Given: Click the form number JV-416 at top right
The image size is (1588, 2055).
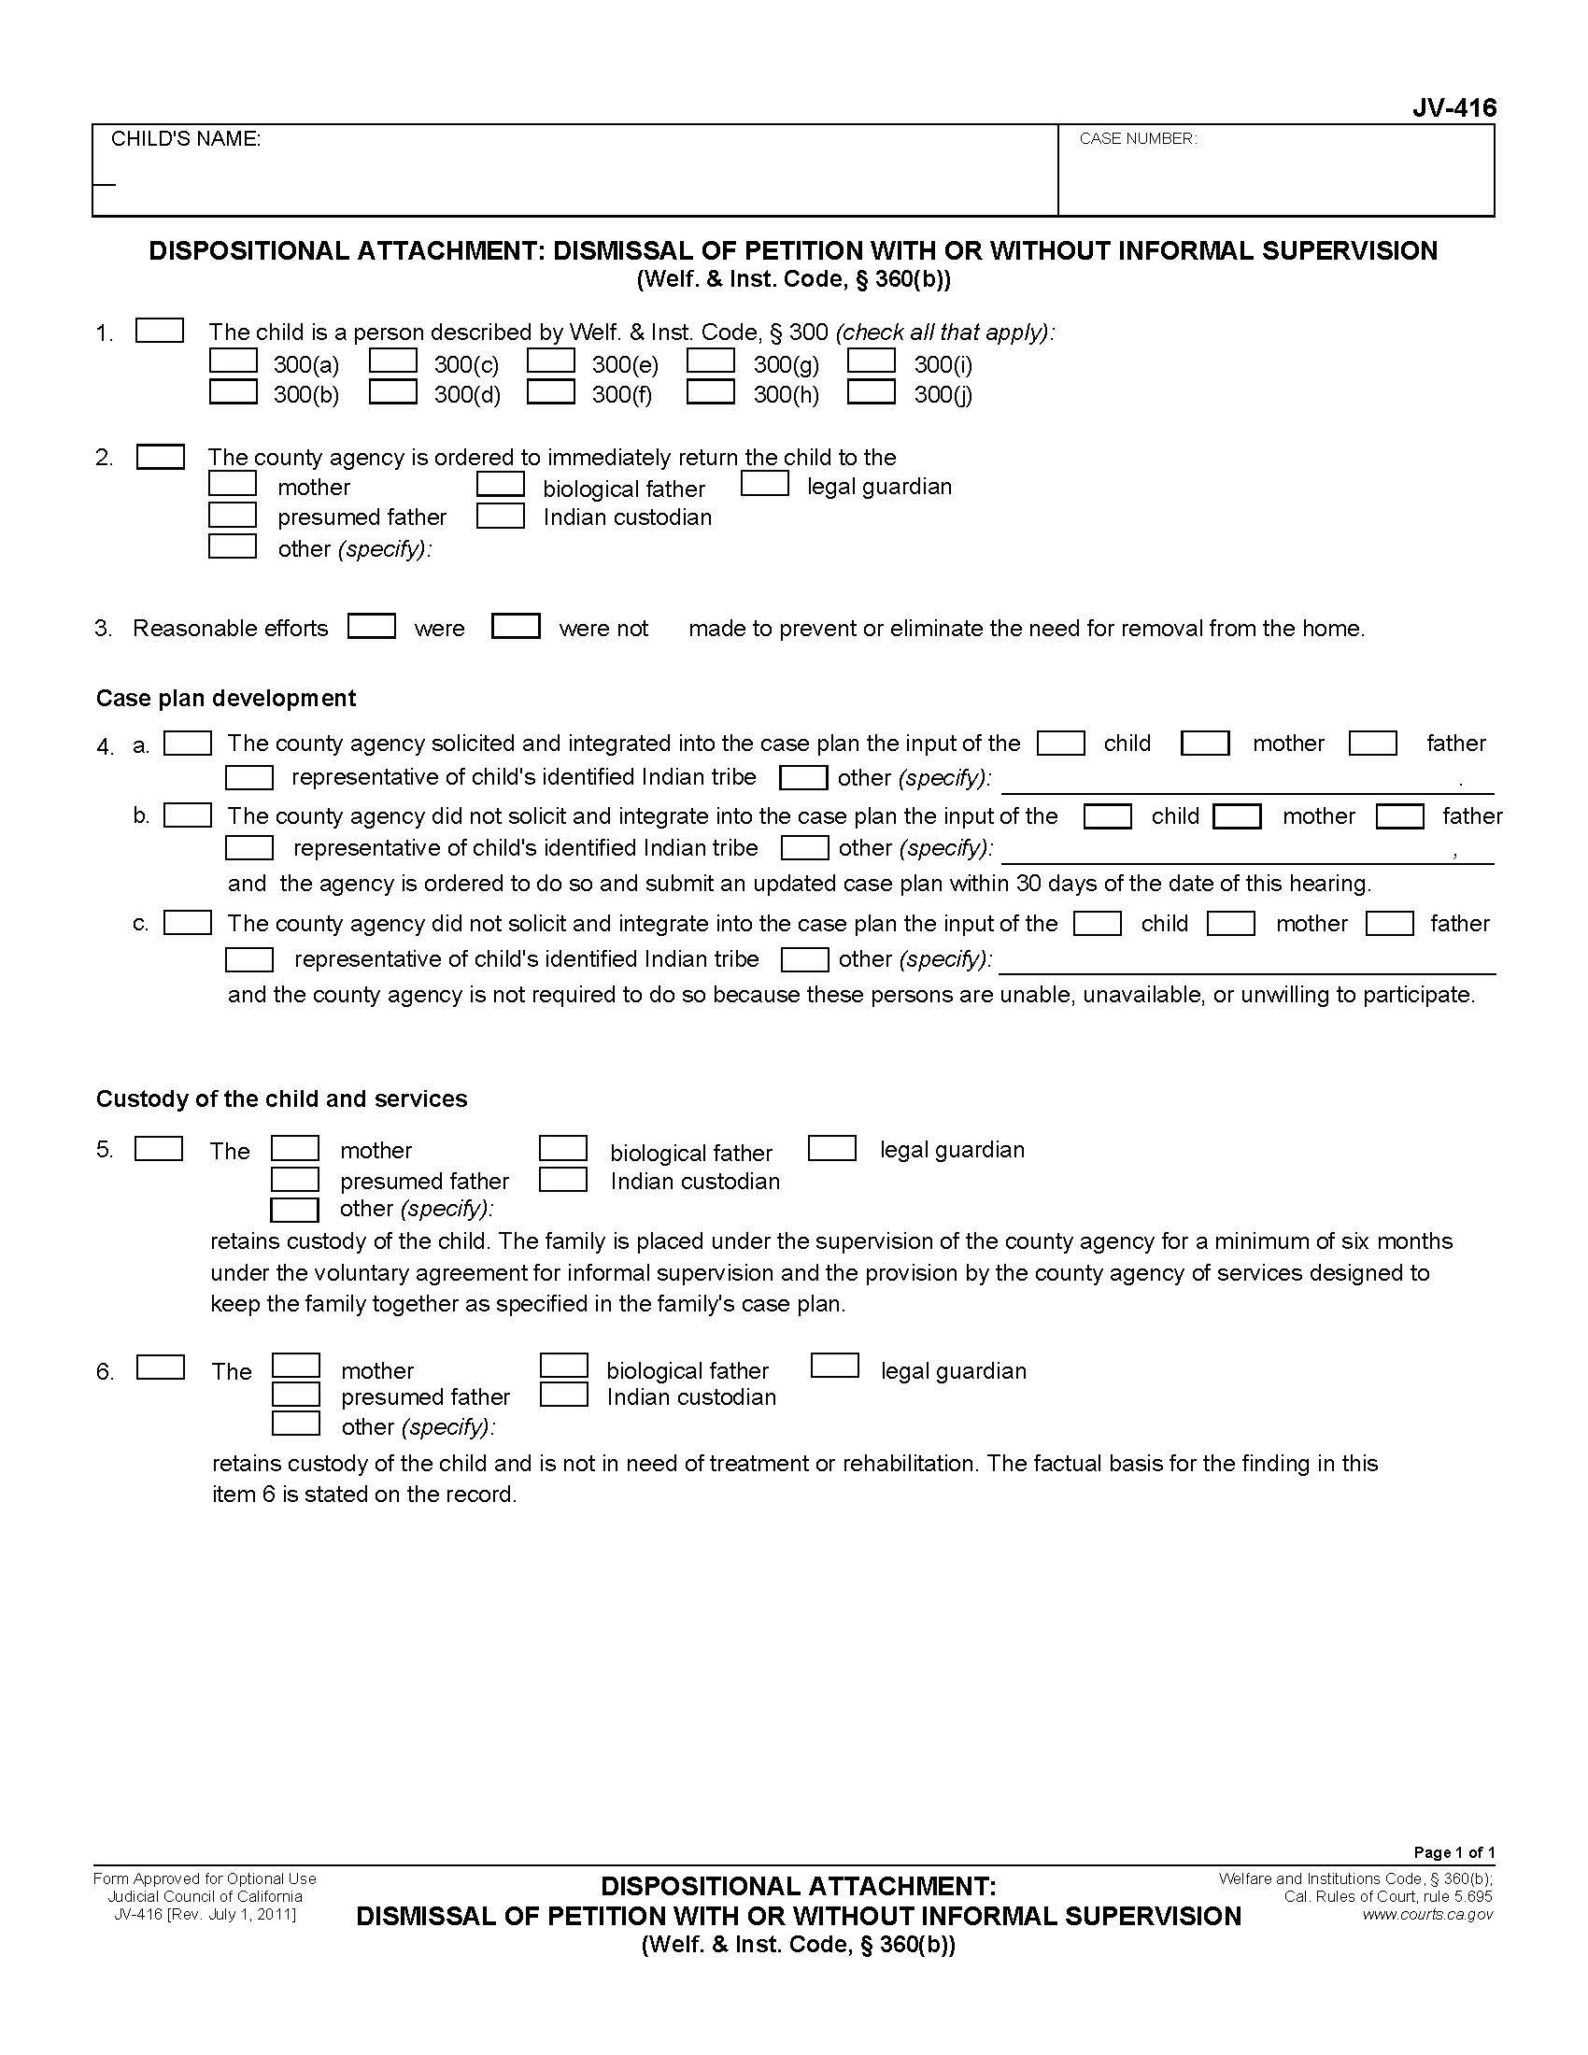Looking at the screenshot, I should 1453,109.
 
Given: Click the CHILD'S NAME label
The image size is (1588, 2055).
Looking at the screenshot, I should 185,139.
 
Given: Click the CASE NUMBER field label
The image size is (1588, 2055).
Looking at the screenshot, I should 1138,139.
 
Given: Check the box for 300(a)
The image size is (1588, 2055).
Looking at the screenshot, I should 233,361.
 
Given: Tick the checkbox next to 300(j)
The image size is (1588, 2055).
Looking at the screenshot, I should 871,391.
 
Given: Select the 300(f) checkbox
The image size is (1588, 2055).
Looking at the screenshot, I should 550,391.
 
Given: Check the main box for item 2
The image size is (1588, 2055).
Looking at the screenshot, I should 160,457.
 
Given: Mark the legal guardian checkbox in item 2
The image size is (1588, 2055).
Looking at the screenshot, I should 764,484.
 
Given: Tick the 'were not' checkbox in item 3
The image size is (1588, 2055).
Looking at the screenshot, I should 516,626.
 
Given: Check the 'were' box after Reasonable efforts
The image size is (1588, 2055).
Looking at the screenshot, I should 371,626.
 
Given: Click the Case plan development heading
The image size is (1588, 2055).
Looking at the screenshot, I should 226,698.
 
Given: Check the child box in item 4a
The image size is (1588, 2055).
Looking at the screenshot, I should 1060,744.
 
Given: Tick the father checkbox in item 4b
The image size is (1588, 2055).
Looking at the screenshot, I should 1399,815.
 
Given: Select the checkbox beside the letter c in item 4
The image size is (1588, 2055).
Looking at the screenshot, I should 187,922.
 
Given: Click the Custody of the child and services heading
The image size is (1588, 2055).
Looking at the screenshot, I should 281,1099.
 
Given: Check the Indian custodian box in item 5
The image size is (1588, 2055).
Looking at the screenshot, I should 563,1179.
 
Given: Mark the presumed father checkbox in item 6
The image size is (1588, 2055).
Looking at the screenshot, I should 295,1395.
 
